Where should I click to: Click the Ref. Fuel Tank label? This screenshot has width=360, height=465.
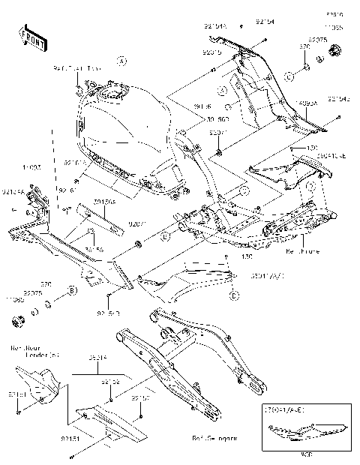tap(75, 69)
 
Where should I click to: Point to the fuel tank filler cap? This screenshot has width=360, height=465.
tap(112, 94)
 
